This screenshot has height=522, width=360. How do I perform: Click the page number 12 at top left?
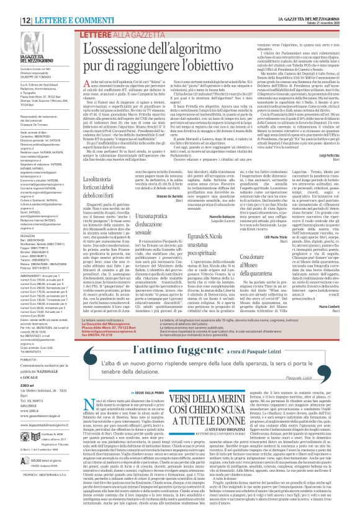point(11,4)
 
